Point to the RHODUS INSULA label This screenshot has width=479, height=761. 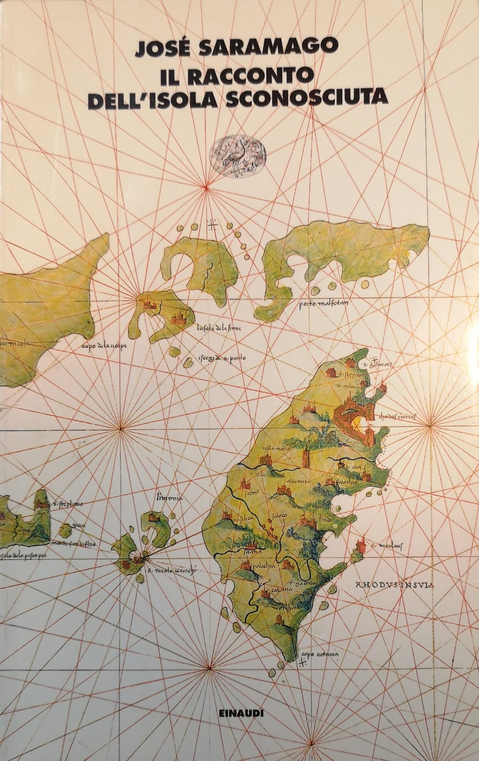[x=395, y=585]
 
